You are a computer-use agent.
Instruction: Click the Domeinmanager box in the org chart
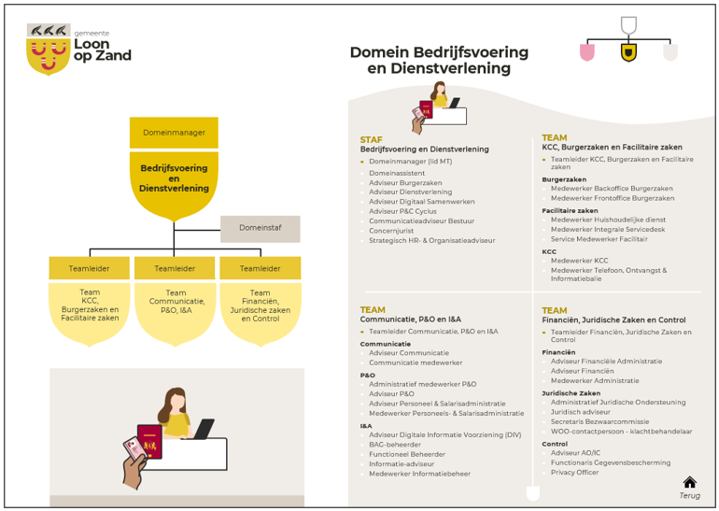174,133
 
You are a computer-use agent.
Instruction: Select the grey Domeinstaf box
261,229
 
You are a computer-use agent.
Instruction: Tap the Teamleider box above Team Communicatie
175,268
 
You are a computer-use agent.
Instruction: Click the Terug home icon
690,482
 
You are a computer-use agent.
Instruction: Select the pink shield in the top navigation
587,52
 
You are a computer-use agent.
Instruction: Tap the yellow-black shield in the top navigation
628,52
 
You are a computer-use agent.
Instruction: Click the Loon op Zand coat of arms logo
49,50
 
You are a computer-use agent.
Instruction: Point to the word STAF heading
371,140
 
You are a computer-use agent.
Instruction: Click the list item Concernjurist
391,231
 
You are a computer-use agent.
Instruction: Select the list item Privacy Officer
574,473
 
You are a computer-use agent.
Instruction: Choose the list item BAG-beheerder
395,445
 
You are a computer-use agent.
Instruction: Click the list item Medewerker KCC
580,261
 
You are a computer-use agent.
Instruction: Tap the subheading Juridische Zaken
571,393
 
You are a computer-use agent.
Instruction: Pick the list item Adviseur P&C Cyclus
402,211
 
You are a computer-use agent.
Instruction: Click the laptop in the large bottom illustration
204,429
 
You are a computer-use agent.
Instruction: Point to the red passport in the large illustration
150,442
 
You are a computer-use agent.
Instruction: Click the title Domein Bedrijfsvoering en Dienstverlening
439,60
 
